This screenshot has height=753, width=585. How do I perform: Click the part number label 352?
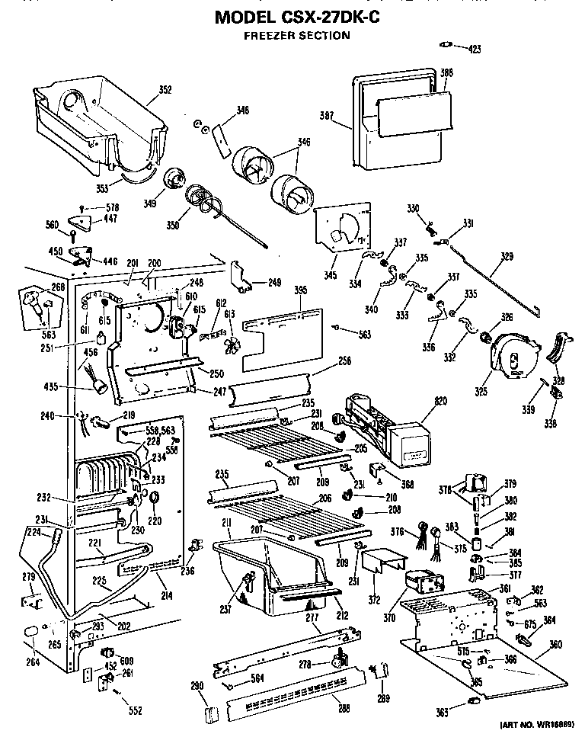tap(164, 90)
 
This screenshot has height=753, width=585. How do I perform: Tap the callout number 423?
tap(475, 50)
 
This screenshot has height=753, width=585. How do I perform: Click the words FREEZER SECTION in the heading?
tap(297, 35)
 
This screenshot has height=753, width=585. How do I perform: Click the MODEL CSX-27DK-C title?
tap(298, 16)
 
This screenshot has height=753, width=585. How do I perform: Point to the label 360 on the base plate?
tap(555, 644)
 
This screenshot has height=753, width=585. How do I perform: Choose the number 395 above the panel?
tap(301, 290)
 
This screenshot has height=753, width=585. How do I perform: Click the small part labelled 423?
tap(449, 45)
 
